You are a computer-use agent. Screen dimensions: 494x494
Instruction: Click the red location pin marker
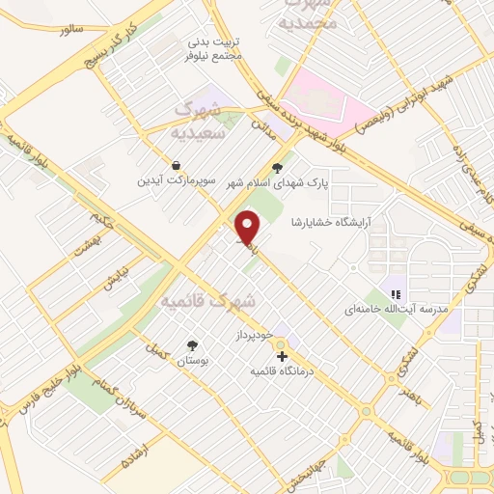(249, 228)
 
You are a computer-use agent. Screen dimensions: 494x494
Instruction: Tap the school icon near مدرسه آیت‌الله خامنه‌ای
(394, 294)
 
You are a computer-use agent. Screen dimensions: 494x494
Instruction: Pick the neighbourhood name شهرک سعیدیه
(197, 121)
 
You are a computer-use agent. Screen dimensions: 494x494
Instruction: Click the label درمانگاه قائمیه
(285, 371)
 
